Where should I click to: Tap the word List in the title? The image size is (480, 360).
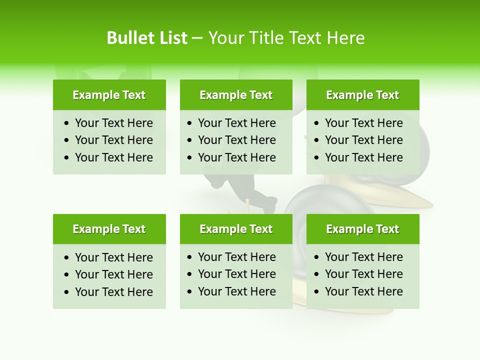point(171,38)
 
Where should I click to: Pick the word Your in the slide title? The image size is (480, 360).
point(225,38)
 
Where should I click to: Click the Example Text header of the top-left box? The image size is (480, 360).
point(109,95)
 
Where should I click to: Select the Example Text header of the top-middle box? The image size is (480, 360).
point(236,95)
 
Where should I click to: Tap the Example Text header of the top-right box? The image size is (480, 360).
point(362,95)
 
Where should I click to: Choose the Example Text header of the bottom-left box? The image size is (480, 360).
point(109,229)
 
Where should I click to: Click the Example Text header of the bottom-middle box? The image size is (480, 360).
point(236,229)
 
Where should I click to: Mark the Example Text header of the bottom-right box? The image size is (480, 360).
point(362,229)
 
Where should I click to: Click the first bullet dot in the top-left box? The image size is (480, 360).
point(67,123)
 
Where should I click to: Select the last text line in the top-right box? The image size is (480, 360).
point(363,157)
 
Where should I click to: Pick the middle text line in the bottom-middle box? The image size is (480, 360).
point(236,274)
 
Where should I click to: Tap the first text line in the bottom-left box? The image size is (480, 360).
point(113,257)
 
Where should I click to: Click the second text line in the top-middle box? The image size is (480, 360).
point(236,140)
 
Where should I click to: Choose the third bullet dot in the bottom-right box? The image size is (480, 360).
point(317,292)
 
